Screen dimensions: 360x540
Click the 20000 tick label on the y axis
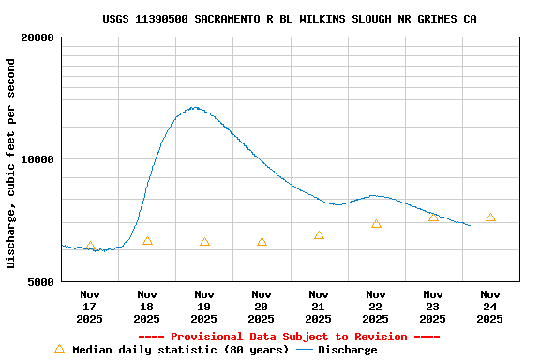37,37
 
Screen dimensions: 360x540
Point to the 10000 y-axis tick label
37,159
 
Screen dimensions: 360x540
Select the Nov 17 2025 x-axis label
90,306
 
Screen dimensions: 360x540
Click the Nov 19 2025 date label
204,306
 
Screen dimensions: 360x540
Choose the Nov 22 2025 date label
376,306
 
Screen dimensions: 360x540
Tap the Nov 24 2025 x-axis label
490,306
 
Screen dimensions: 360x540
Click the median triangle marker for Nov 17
90,247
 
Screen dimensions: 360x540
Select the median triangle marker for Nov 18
147,241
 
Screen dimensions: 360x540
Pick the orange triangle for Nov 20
262,242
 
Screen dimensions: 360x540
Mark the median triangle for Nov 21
319,235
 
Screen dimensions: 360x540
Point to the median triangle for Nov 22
376,224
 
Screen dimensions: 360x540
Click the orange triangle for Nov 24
490,217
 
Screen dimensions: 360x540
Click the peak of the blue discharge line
194,108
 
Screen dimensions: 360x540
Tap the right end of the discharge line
470,225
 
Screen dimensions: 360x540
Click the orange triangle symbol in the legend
59,349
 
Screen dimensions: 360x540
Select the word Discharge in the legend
347,350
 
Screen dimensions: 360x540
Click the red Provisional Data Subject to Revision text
289,337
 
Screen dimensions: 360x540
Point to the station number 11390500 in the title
161,19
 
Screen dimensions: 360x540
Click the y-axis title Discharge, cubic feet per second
11,163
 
